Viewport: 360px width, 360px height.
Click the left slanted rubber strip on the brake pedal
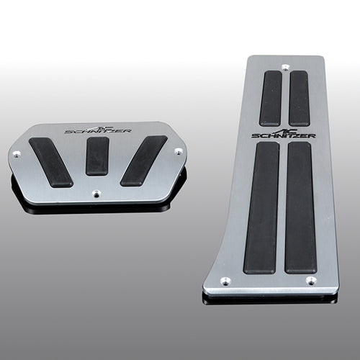(x=50, y=163)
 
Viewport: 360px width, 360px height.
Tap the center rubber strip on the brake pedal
(x=97, y=156)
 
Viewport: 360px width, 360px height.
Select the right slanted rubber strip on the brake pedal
(x=143, y=161)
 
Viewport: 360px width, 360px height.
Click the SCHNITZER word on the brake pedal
(x=99, y=131)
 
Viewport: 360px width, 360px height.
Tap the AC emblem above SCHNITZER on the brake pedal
(x=101, y=127)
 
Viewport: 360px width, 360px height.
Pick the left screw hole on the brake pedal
(x=17, y=155)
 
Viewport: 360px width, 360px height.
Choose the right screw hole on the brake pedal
(x=179, y=151)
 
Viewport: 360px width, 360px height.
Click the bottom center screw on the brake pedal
(x=96, y=194)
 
